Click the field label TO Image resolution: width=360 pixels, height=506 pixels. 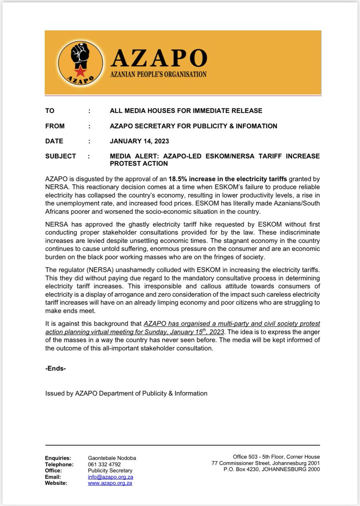[49, 111]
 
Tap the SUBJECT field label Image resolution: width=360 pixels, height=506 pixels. [60, 156]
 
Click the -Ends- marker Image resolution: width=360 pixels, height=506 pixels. [56, 368]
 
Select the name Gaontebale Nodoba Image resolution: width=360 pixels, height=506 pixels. [112, 458]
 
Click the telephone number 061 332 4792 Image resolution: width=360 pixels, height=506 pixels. [103, 464]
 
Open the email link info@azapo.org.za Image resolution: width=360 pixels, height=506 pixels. [110, 477]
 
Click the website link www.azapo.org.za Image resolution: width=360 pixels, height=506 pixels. [110, 483]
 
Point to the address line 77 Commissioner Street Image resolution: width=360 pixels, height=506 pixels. [244, 463]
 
